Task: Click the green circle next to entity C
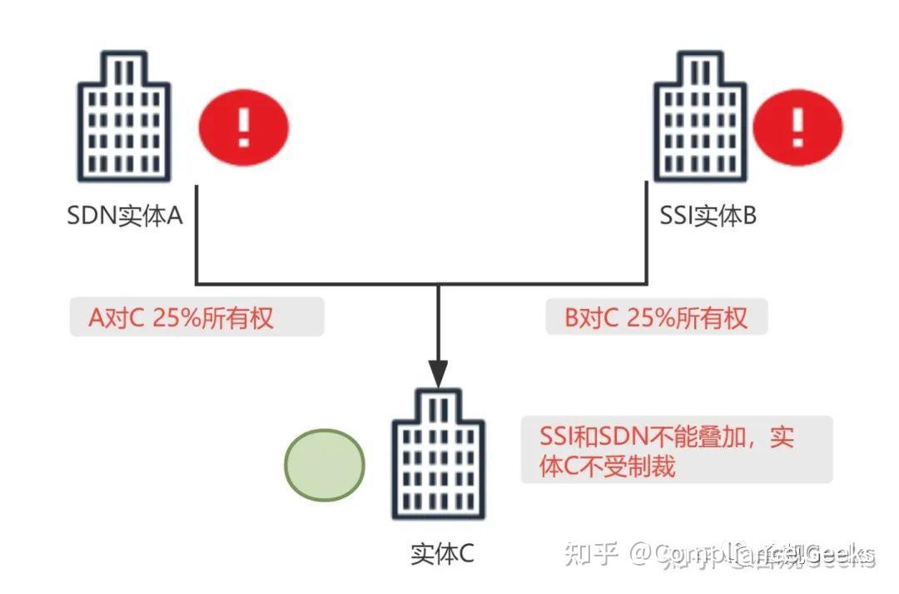(325, 464)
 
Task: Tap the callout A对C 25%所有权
(196, 317)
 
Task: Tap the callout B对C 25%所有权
(656, 317)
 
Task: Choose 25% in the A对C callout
(175, 317)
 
